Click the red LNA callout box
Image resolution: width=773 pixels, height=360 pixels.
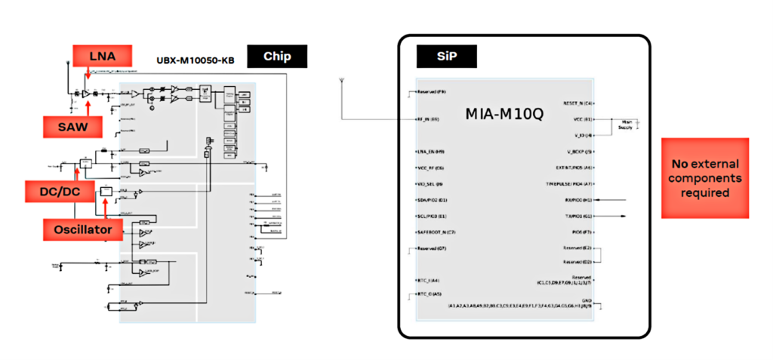(x=103, y=55)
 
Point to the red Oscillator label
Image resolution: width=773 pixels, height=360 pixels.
(x=83, y=227)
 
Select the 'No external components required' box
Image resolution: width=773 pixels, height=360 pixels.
(x=705, y=178)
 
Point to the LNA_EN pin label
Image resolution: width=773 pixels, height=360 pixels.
(x=430, y=152)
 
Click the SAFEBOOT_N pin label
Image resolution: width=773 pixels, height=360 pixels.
(x=437, y=232)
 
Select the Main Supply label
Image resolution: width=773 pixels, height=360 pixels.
(x=627, y=125)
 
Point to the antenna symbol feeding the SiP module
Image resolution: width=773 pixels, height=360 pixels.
(x=343, y=80)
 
